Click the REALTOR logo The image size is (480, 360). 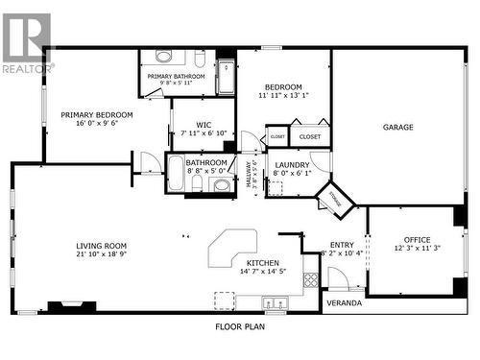(x=26, y=43)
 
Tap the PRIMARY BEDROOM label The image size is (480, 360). (x=97, y=115)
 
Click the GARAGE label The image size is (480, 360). (x=398, y=127)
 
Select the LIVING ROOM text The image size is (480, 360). (x=102, y=246)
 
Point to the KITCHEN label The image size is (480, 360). (x=263, y=262)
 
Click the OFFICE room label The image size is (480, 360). (x=418, y=239)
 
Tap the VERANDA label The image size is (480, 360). (x=345, y=303)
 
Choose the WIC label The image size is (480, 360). (x=204, y=124)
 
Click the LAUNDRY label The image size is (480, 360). (x=292, y=164)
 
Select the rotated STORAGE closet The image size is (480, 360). (x=336, y=200)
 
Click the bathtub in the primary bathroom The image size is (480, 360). (x=226, y=77)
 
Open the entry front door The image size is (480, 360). (x=338, y=278)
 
